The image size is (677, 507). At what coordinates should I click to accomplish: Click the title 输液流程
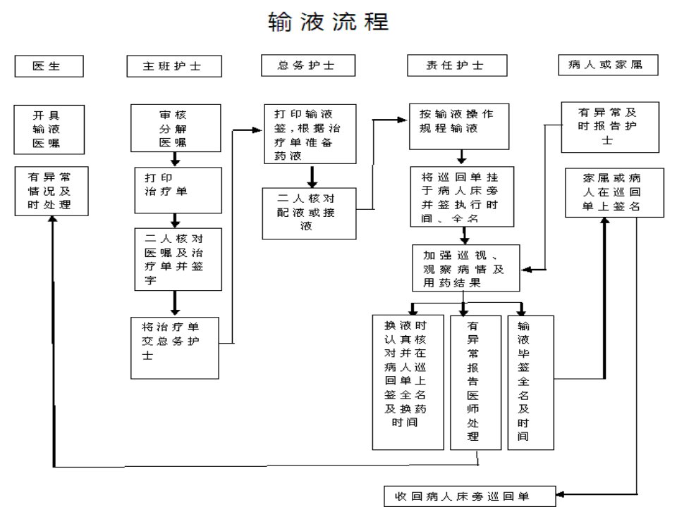pyautogui.click(x=329, y=22)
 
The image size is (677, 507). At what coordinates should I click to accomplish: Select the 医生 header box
pyautogui.click(x=49, y=66)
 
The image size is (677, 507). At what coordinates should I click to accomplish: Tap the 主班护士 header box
pyautogui.click(x=174, y=66)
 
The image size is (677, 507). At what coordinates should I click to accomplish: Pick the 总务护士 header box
pyautogui.click(x=308, y=65)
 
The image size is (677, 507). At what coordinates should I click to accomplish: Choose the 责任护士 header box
pyautogui.click(x=457, y=65)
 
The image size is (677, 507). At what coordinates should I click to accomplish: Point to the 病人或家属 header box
pyautogui.click(x=609, y=65)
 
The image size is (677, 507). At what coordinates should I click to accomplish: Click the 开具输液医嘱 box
pyautogui.click(x=49, y=130)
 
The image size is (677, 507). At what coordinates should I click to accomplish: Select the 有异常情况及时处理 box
pyautogui.click(x=51, y=191)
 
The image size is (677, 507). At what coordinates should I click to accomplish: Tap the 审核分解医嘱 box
pyautogui.click(x=176, y=128)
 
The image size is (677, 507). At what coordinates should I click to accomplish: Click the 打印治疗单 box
pyautogui.click(x=178, y=190)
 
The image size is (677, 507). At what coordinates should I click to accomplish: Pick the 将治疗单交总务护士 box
pyautogui.click(x=175, y=348)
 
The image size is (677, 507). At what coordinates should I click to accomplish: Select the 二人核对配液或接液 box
pyautogui.click(x=309, y=213)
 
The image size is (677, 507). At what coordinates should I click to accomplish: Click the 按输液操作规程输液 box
pyautogui.click(x=459, y=126)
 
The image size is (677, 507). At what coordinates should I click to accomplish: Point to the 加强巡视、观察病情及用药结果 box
pyautogui.click(x=466, y=268)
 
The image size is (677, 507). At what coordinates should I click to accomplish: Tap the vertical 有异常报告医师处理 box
pyautogui.click(x=476, y=383)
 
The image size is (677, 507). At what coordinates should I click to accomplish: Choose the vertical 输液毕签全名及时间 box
pyautogui.click(x=530, y=383)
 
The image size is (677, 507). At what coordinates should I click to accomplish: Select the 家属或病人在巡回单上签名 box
pyautogui.click(x=614, y=193)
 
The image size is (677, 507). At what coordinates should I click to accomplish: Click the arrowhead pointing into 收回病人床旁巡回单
pyautogui.click(x=560, y=494)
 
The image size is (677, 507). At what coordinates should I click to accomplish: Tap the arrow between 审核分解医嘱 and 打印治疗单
pyautogui.click(x=175, y=159)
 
